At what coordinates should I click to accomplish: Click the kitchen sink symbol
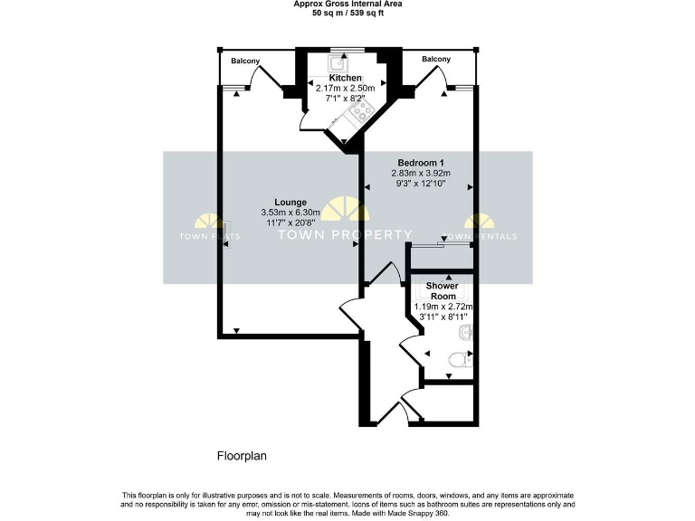point(341,63)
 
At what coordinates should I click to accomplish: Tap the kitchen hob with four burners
point(364,111)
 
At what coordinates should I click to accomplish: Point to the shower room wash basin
point(465,334)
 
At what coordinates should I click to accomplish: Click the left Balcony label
point(244,61)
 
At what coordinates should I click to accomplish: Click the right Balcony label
point(436,59)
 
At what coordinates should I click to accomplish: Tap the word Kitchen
point(345,79)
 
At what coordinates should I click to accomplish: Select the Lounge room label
point(290,202)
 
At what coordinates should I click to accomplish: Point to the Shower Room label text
point(443,291)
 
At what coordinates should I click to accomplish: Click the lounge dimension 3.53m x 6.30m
point(291,213)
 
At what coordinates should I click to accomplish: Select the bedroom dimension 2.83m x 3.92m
point(420,174)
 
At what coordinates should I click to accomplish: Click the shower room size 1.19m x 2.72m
point(443,307)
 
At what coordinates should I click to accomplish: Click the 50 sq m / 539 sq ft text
point(347,14)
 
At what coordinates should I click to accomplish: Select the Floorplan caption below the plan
point(242,457)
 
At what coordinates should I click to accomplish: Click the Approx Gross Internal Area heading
point(347,5)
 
